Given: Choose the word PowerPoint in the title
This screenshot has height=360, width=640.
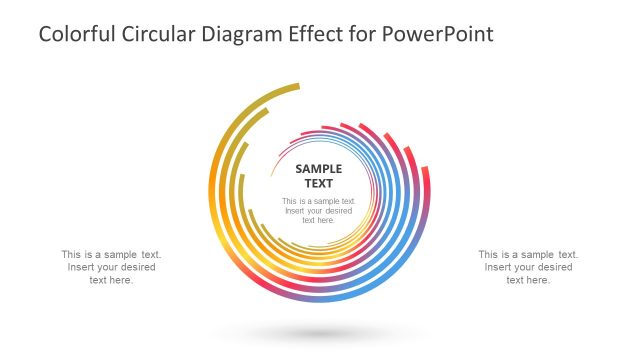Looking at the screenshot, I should click(x=445, y=34).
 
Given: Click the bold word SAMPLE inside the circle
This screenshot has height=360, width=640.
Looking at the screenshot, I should click(x=319, y=169).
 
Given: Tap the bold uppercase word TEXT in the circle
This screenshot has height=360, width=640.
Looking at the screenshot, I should click(x=319, y=184).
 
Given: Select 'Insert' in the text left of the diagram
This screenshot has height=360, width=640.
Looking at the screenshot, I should click(x=82, y=267).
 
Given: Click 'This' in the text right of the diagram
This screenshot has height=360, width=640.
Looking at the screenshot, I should click(x=489, y=254).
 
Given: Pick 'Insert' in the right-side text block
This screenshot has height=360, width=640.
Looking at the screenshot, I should click(x=499, y=267).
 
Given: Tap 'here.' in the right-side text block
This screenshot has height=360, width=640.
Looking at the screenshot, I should click(x=539, y=280).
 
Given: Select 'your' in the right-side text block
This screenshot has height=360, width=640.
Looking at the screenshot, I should click(x=527, y=267).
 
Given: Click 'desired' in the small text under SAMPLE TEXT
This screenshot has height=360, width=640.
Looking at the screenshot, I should click(x=338, y=211).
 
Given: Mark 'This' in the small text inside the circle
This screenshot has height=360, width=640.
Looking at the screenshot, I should click(x=291, y=201).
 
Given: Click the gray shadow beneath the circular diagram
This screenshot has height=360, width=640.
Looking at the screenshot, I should click(x=319, y=333).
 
